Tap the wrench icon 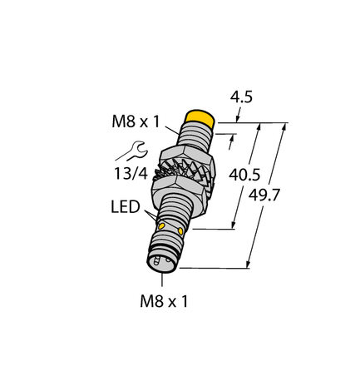(134, 151)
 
